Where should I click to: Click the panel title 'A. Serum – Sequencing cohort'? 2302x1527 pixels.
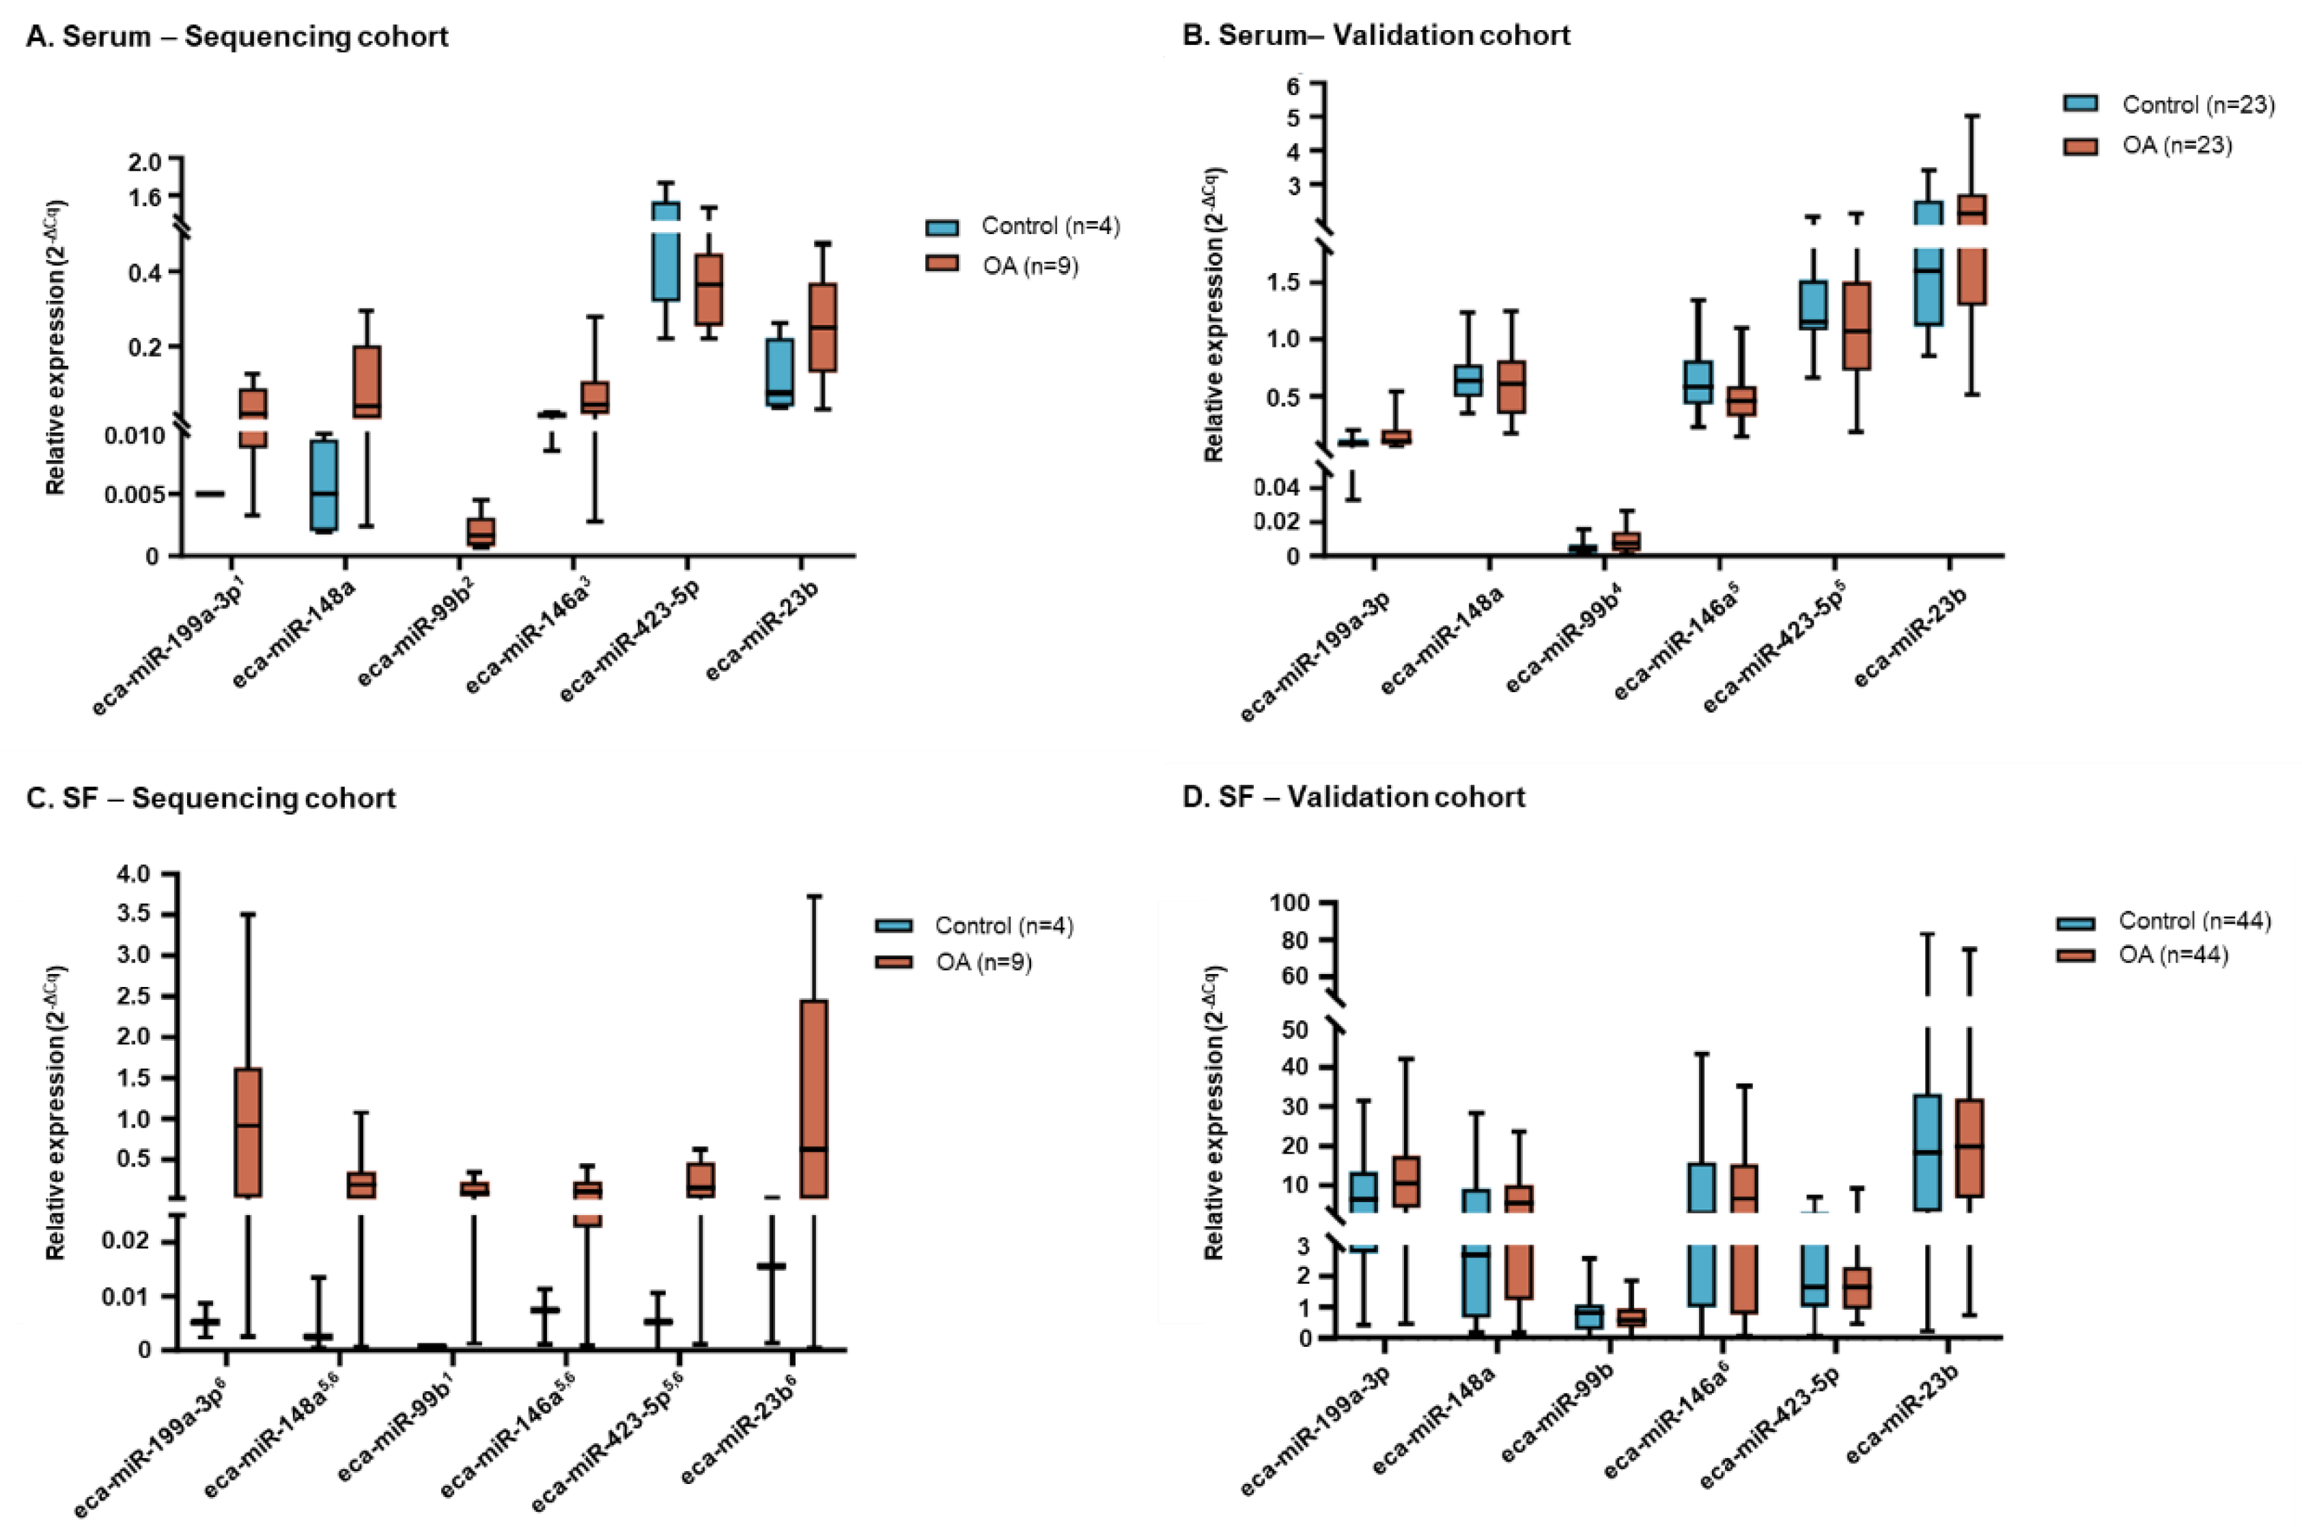tap(237, 37)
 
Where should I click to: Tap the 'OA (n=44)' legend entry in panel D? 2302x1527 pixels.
tap(2172, 956)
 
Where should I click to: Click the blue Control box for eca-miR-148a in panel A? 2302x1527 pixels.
tap(324, 485)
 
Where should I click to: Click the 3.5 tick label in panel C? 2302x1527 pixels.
tap(141, 915)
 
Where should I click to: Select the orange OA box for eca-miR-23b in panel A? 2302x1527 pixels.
tap(823, 327)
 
